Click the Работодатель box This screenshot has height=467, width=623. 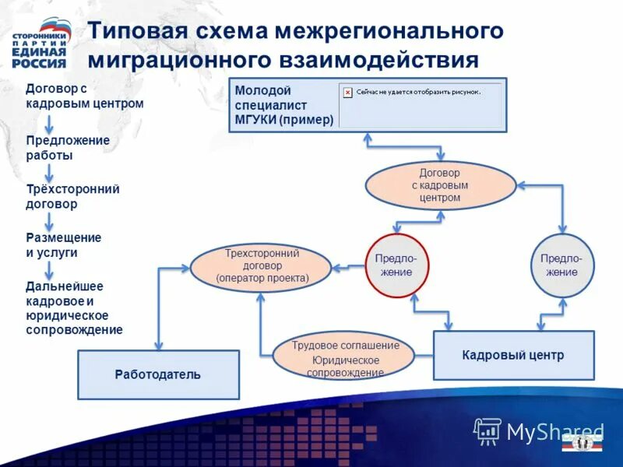tap(158, 374)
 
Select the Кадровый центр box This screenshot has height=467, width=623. tap(513, 355)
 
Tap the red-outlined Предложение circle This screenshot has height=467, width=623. tap(396, 265)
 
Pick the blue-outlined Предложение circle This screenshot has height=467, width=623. tap(561, 265)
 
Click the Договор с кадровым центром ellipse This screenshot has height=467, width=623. tap(441, 185)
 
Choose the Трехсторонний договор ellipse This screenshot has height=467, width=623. tap(261, 266)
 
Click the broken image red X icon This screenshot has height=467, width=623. tap(348, 91)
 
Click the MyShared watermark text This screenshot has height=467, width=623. tap(554, 430)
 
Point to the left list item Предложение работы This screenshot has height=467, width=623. tap(67, 147)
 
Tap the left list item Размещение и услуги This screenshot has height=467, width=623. tap(63, 244)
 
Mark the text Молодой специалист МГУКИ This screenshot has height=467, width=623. tap(284, 105)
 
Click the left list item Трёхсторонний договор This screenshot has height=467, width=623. tap(72, 196)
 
